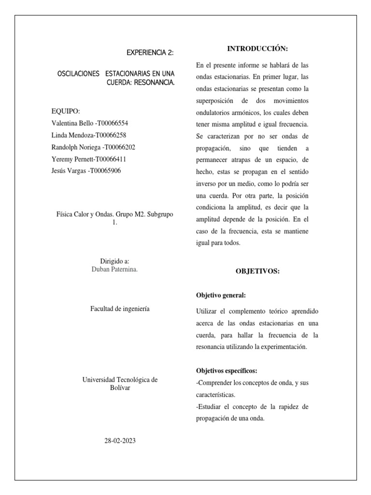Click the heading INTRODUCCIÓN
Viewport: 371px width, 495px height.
(x=257, y=49)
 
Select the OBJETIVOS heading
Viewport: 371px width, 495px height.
(x=257, y=271)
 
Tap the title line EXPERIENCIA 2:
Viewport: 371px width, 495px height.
(x=150, y=52)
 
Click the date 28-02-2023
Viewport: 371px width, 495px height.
(x=120, y=440)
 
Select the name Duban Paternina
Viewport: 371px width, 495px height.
(x=114, y=269)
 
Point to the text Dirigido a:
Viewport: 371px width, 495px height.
(x=114, y=261)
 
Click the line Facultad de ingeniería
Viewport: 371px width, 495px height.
(x=120, y=308)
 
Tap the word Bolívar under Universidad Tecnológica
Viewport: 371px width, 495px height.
(x=120, y=388)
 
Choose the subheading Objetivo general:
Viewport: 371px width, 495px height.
(x=220, y=295)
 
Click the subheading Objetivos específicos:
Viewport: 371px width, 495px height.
(x=227, y=371)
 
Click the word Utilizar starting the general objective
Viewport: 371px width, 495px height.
(x=208, y=311)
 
